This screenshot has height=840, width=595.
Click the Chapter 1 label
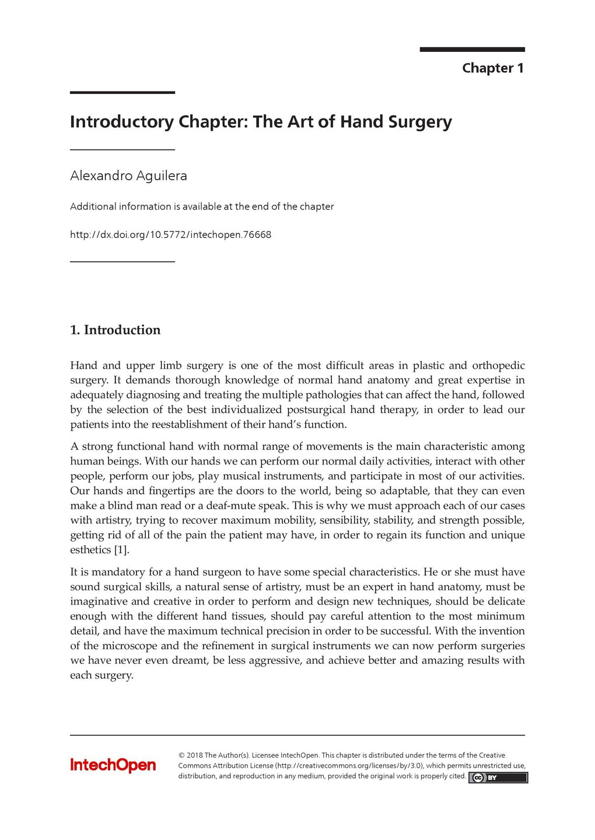click(492, 68)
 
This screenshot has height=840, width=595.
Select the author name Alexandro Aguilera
click(128, 176)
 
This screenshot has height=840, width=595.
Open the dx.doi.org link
click(170, 235)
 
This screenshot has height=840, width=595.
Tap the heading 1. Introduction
click(115, 330)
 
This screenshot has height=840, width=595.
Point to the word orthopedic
click(498, 366)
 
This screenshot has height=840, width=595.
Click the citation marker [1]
click(121, 550)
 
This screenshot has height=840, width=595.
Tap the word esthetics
click(90, 550)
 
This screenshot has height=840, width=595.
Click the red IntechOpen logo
click(113, 765)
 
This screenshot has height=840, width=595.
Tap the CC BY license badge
click(498, 778)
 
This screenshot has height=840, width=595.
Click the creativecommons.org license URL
click(349, 766)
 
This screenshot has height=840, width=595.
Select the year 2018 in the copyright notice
click(194, 755)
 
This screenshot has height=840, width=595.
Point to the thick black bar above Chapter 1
click(472, 50)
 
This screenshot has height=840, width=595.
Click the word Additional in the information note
click(92, 206)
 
